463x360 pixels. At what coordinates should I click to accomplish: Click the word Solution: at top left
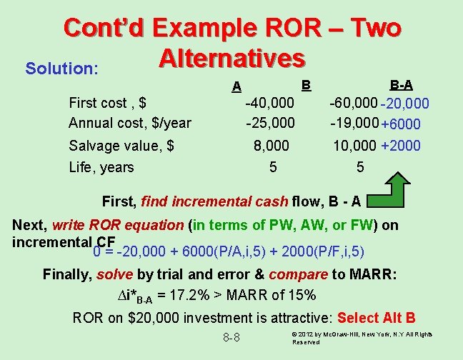tap(61, 69)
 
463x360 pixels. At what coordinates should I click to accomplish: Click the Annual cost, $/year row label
tap(130, 123)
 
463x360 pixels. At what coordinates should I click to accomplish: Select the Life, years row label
tap(101, 167)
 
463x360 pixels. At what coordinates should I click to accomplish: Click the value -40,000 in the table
tap(269, 103)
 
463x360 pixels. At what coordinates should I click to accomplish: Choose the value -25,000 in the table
tap(269, 123)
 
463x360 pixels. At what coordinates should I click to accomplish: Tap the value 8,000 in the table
tap(272, 146)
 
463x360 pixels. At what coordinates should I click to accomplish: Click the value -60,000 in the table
tap(353, 103)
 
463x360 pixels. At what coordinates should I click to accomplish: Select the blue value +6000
tap(401, 124)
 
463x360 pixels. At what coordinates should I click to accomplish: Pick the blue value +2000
tap(401, 146)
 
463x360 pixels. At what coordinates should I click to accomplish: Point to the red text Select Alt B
tap(376, 318)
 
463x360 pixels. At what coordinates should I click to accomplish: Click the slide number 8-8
tap(230, 336)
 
